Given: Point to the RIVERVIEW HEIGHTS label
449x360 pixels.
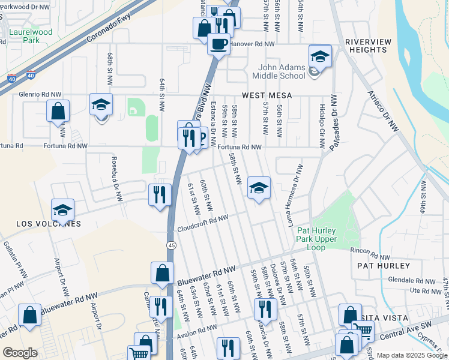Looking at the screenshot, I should [x=367, y=46].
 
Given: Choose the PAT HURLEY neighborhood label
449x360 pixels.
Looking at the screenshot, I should [x=383, y=265].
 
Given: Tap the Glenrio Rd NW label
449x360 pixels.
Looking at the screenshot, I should [x=40, y=94].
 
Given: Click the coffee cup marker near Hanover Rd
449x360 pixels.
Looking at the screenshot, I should [x=218, y=43].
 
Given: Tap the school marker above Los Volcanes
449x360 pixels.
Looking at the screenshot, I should [x=62, y=210].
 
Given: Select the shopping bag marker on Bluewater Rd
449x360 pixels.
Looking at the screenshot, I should [x=162, y=273].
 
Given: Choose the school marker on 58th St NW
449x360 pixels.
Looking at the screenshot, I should [x=259, y=188].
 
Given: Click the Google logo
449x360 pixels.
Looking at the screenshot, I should [x=20, y=353].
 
